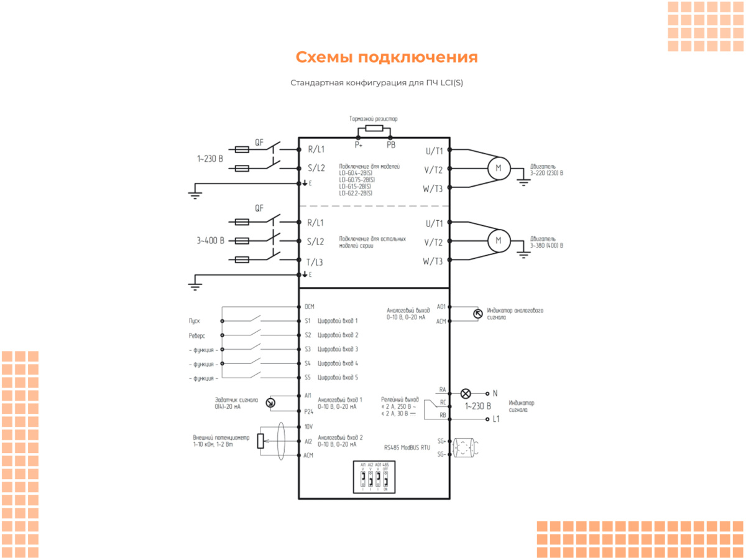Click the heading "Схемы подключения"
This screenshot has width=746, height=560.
click(x=386, y=57)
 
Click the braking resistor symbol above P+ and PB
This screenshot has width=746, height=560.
click(x=374, y=129)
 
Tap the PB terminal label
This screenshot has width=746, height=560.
click(x=390, y=144)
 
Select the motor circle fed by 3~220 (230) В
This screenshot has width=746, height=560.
click(x=498, y=168)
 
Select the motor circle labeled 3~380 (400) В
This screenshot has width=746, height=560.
click(x=498, y=241)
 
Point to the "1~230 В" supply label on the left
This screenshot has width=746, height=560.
click(x=210, y=159)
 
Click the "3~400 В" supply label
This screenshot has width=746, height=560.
click(x=210, y=240)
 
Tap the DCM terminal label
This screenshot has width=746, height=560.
click(x=309, y=307)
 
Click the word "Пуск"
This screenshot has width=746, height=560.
click(x=195, y=321)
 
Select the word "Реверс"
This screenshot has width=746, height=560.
click(x=197, y=335)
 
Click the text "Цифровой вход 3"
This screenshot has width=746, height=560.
click(x=338, y=349)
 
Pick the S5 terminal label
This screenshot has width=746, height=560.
click(x=308, y=378)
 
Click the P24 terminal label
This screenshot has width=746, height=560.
click(x=308, y=411)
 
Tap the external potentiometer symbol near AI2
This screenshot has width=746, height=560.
click(x=260, y=441)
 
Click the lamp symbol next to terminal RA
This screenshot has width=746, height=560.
click(x=465, y=393)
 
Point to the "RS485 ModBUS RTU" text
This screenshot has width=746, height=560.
click(x=407, y=447)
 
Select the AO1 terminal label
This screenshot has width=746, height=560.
click(x=441, y=307)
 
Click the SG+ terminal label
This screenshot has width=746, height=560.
click(x=441, y=441)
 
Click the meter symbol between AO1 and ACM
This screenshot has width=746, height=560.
click(x=477, y=314)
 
